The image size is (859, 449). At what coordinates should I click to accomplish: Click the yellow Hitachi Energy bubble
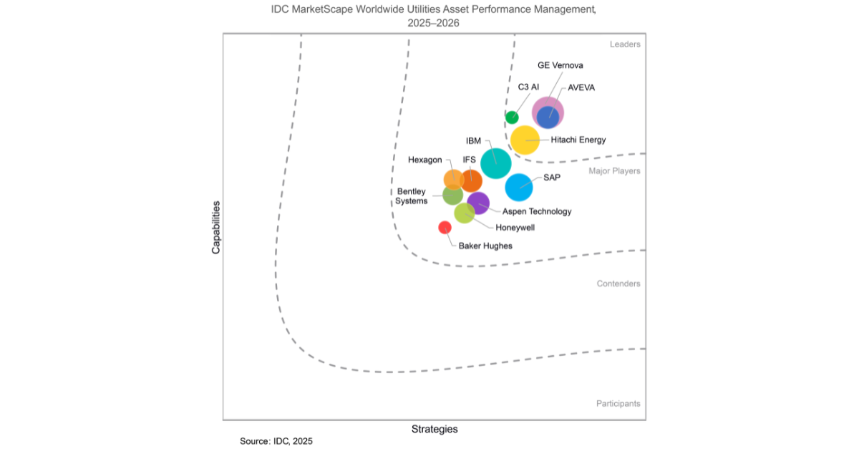click(525, 140)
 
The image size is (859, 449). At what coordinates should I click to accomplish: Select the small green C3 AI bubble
click(512, 117)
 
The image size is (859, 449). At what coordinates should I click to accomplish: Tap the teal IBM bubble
click(495, 163)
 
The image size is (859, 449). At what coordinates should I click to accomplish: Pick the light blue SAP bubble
click(519, 187)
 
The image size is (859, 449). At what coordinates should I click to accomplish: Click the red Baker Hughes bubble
click(445, 228)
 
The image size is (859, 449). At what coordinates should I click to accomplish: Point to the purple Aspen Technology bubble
click(479, 204)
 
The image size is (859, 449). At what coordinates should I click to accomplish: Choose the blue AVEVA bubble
click(548, 116)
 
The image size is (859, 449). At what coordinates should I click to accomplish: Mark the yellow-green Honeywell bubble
click(464, 213)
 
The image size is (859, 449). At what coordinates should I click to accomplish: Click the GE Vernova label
click(560, 66)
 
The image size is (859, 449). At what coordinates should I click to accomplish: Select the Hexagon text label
click(424, 160)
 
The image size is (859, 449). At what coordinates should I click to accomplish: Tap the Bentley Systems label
click(412, 196)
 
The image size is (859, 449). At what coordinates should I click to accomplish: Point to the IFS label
click(470, 159)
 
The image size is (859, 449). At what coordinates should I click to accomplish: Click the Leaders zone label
click(625, 44)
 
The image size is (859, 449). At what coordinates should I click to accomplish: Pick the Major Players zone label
click(614, 171)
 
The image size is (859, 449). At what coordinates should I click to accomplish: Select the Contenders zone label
click(618, 284)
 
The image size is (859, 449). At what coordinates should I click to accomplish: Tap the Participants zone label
click(618, 404)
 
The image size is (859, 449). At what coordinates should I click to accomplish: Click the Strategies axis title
click(435, 430)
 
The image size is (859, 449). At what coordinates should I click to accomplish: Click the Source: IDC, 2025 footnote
click(276, 441)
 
